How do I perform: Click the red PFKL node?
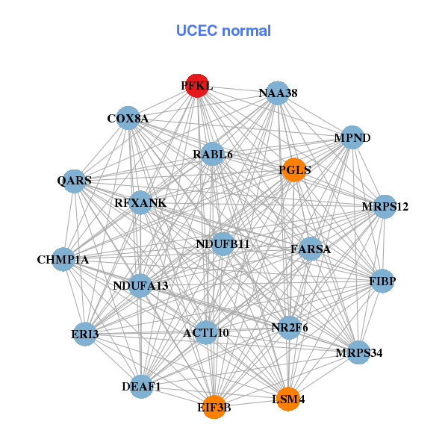coord(196,86)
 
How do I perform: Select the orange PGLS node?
coord(295,170)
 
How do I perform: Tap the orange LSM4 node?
coord(288,399)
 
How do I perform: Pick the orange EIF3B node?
coord(214,407)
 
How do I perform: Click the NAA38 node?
coord(278,93)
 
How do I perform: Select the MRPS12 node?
coord(384,206)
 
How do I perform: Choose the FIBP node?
coord(382,281)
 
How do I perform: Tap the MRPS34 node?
coord(358,352)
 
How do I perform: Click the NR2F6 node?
coord(290,327)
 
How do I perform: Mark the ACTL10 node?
coord(206,332)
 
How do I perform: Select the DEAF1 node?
coord(142,386)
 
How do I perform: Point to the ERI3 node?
coord(85,334)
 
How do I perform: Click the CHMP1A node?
coord(63,259)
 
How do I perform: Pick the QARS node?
coord(75,181)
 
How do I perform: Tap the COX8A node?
coord(128,118)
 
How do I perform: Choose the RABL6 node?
coord(213,155)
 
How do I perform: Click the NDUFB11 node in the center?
coord(223,244)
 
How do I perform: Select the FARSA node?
coord(311,249)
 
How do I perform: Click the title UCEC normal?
coord(223,31)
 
